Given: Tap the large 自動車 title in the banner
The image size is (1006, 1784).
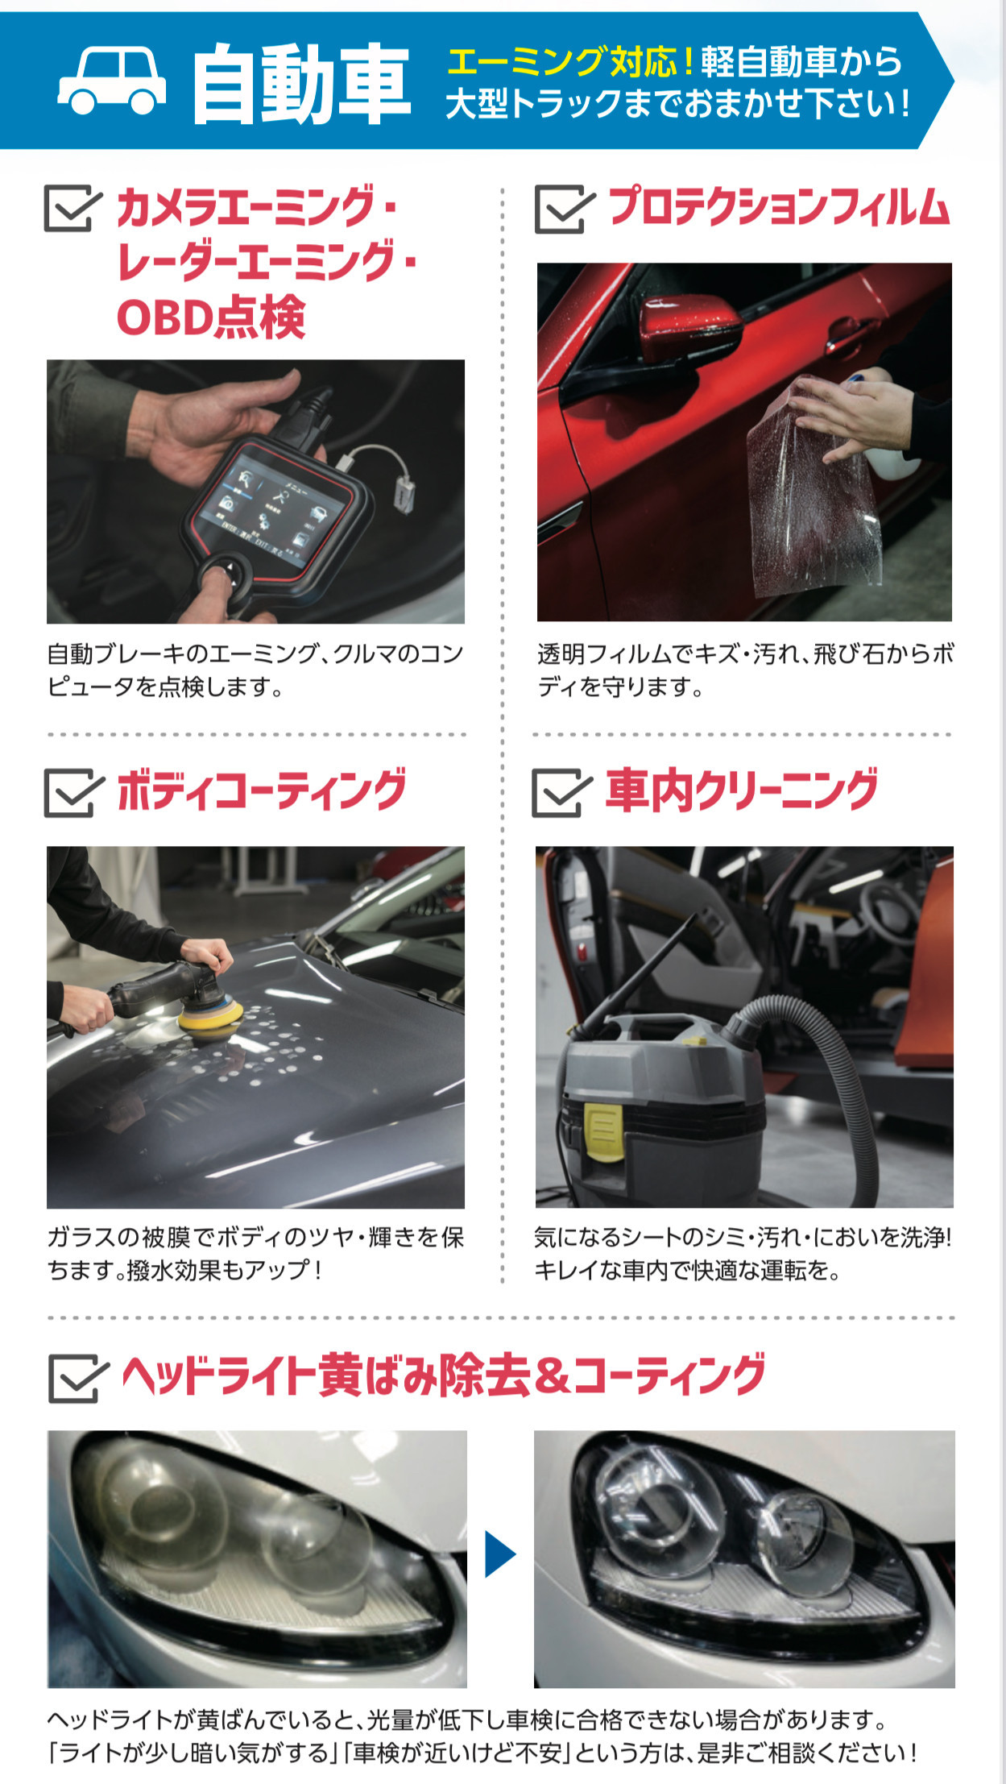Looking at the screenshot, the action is (301, 83).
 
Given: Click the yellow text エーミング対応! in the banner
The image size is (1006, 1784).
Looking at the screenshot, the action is (571, 61).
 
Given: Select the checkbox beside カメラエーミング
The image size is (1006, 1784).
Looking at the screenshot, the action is (72, 208).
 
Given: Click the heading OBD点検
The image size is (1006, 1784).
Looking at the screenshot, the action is (212, 316).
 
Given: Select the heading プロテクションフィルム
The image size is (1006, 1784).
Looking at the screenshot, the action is (779, 206).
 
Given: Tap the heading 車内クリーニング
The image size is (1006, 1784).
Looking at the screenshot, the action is (742, 790).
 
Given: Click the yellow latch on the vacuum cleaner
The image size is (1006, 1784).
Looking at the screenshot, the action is (602, 1131).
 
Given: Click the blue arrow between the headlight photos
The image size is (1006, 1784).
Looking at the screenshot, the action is (499, 1554).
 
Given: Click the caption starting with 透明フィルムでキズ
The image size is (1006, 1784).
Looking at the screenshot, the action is (745, 670).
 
